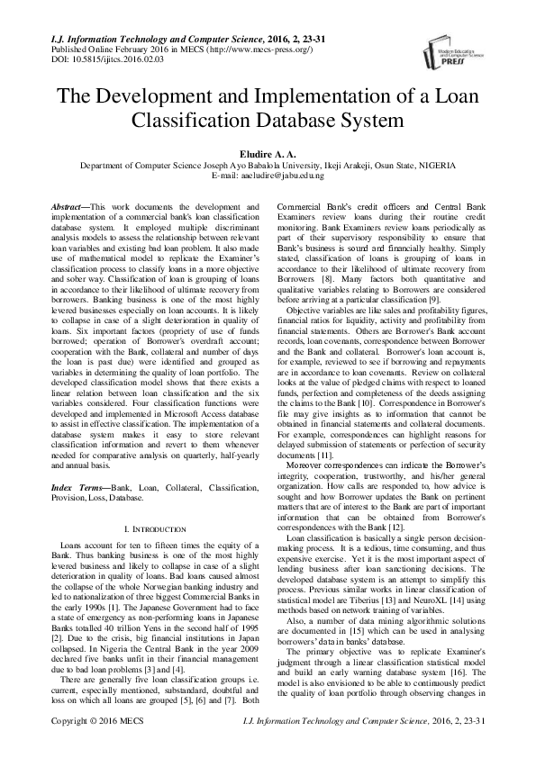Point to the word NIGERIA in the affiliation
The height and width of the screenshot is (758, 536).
[435, 166]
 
